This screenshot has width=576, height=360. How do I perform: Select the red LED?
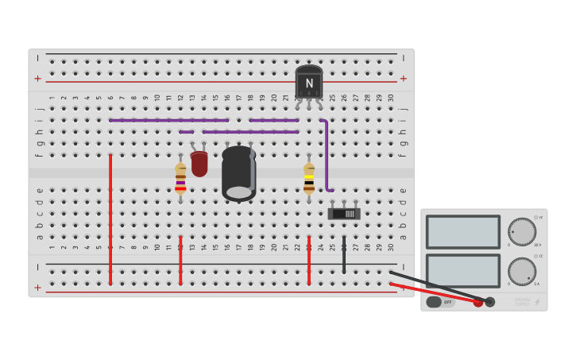(199, 164)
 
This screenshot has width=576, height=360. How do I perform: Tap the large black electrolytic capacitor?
(238, 173)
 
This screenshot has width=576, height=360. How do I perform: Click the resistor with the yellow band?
(309, 179)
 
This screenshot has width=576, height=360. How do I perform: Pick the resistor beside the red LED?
(180, 178)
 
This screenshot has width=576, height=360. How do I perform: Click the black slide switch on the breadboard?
(344, 214)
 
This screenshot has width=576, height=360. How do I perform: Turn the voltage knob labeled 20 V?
(521, 231)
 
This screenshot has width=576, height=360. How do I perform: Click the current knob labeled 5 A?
(521, 271)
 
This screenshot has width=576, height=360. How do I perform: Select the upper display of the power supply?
(462, 231)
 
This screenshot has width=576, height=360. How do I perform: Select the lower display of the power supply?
(462, 270)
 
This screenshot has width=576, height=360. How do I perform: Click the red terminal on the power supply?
(477, 302)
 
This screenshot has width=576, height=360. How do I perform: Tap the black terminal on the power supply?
(490, 302)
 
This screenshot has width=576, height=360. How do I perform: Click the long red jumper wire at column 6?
(110, 219)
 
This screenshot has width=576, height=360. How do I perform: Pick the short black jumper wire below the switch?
(344, 254)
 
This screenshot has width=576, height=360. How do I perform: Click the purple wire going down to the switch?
(326, 155)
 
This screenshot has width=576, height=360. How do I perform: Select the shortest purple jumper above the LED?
(186, 132)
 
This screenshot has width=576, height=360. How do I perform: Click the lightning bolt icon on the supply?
(537, 302)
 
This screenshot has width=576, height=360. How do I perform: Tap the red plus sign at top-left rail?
(37, 79)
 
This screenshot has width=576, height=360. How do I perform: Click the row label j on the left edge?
(39, 110)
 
